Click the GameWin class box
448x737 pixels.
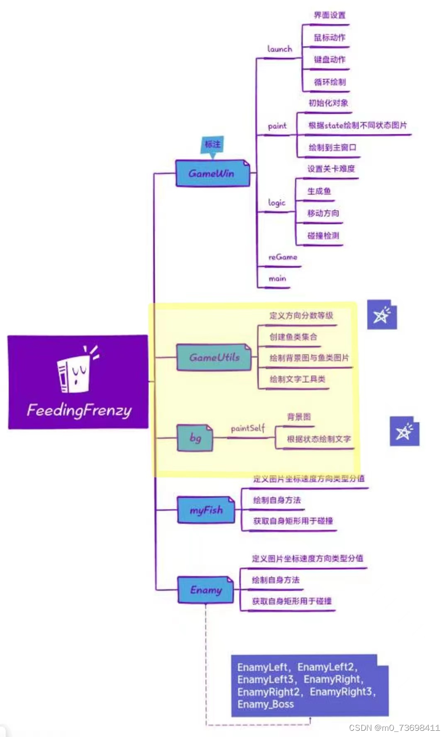(x=212, y=174)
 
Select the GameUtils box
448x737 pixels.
(x=214, y=357)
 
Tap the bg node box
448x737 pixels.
(x=195, y=438)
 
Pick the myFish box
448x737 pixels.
(x=206, y=510)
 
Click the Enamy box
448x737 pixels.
(x=206, y=590)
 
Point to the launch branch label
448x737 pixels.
(x=280, y=49)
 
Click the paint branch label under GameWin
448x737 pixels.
(x=277, y=126)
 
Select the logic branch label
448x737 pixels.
(x=277, y=203)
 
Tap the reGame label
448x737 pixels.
(x=283, y=257)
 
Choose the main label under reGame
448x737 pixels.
(x=277, y=279)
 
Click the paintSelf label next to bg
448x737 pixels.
(x=248, y=428)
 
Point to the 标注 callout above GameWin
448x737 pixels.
(x=212, y=144)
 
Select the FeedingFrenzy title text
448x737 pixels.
(x=79, y=411)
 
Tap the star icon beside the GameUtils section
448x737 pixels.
(x=382, y=314)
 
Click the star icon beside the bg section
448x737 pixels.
(x=404, y=431)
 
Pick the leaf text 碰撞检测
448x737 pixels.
(x=323, y=236)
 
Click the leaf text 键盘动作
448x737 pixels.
(x=329, y=60)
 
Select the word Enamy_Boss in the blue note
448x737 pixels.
(x=265, y=704)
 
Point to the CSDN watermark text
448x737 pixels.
(x=394, y=728)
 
